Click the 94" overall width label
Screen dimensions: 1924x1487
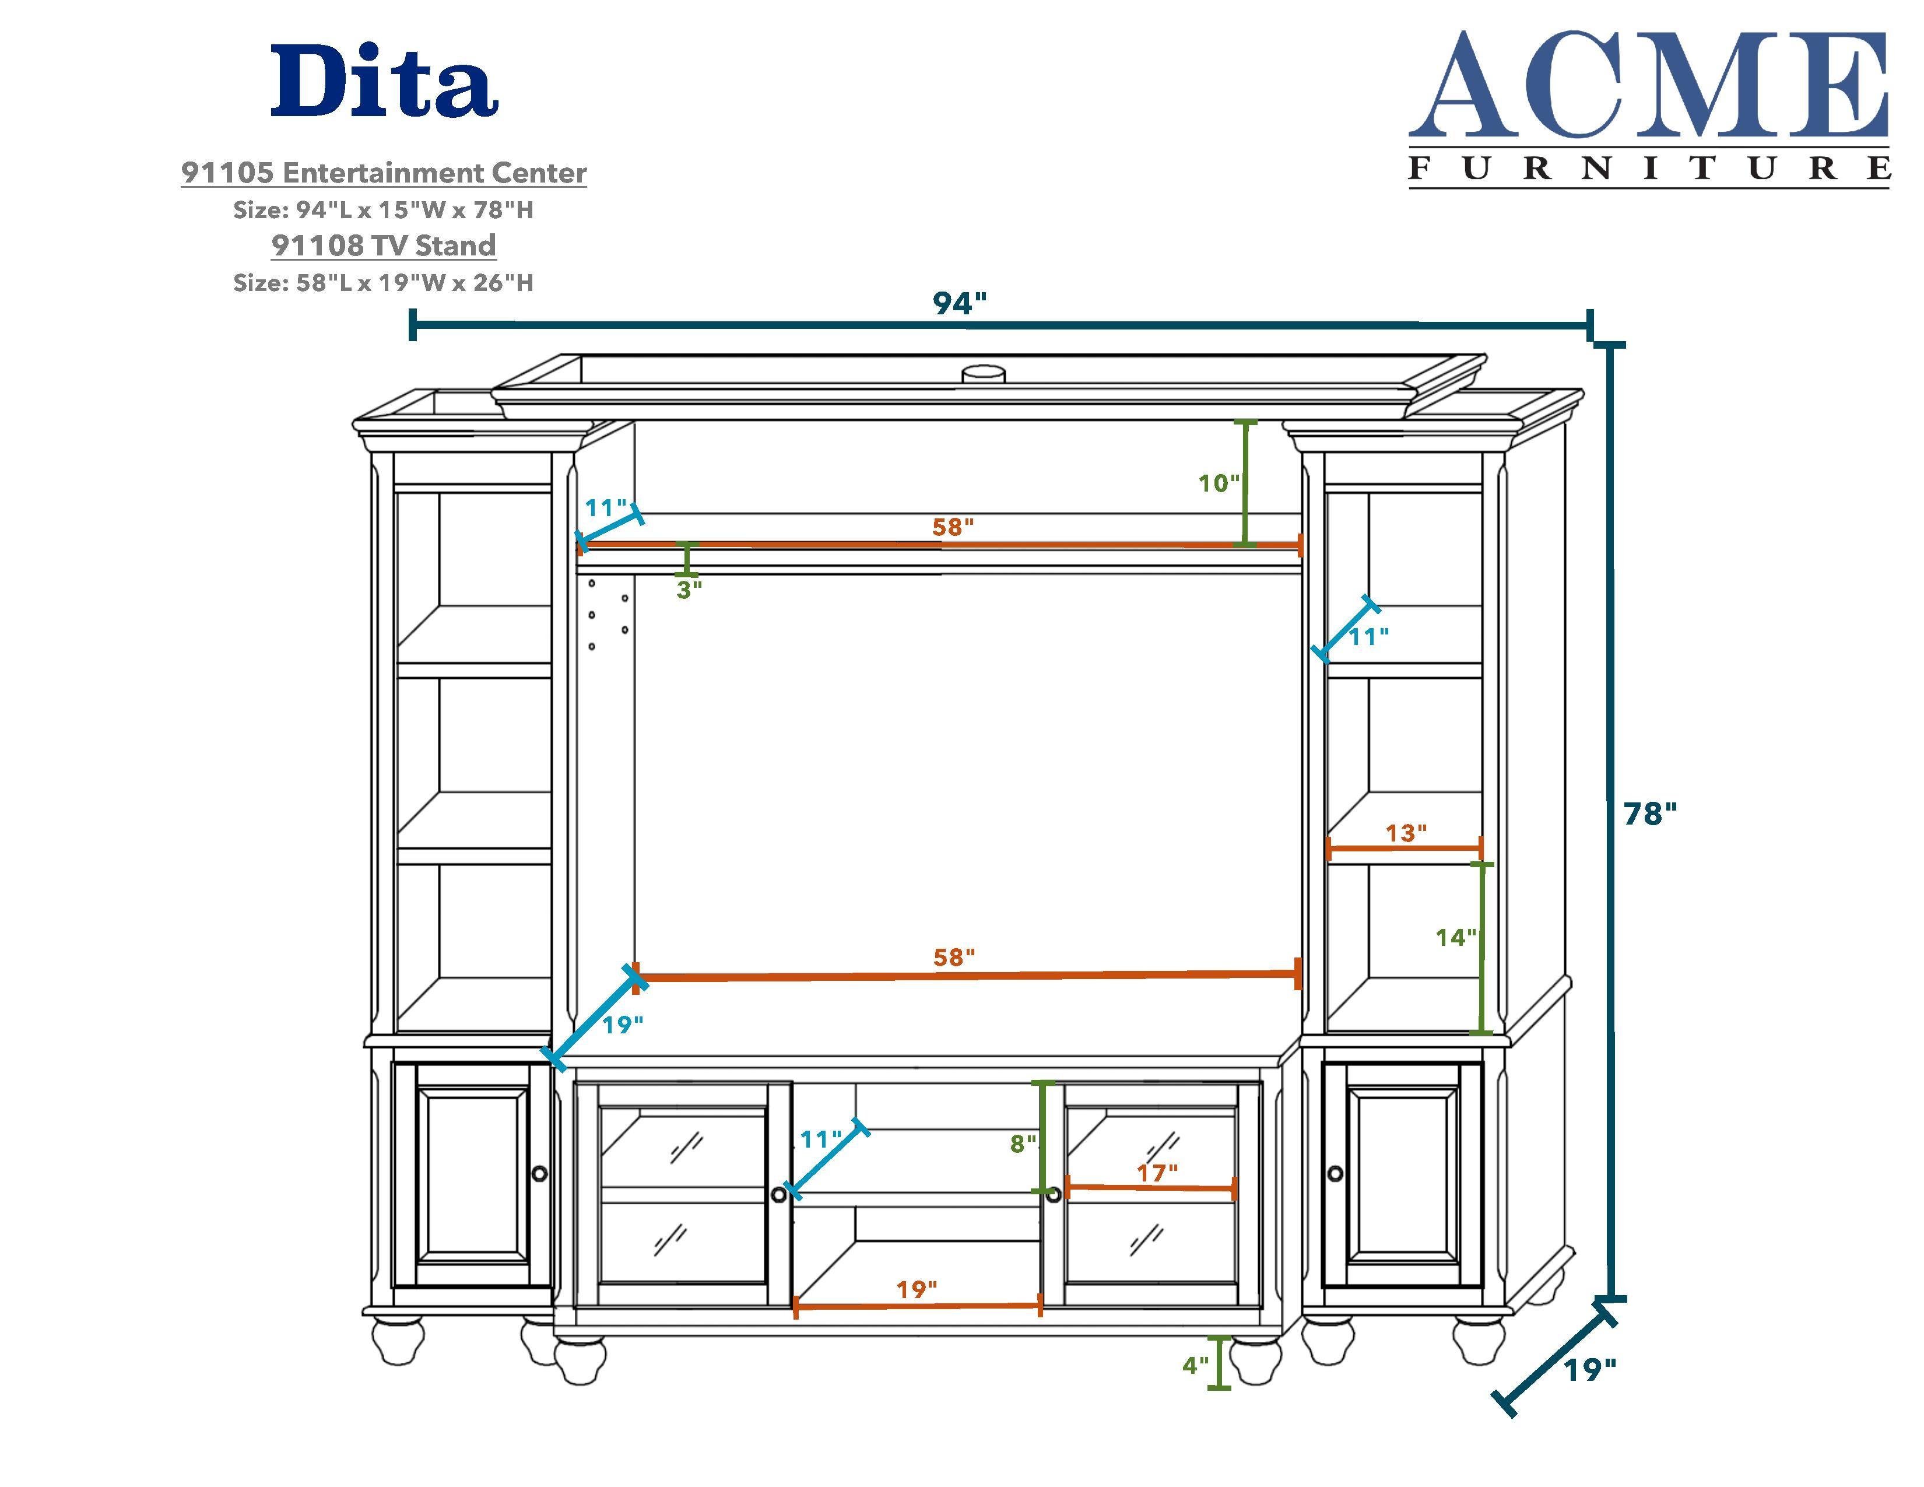tap(959, 303)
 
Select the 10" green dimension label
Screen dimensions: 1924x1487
tap(1219, 483)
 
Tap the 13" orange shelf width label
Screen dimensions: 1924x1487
tap(1405, 833)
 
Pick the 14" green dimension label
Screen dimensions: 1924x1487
tap(1455, 937)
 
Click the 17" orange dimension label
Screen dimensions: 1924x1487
tap(1157, 1173)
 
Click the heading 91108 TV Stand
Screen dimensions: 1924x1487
tap(384, 245)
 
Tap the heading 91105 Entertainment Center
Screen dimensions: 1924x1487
tap(384, 173)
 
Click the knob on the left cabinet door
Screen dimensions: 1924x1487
tap(539, 1173)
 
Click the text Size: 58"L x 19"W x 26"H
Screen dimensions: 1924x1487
tap(383, 283)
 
